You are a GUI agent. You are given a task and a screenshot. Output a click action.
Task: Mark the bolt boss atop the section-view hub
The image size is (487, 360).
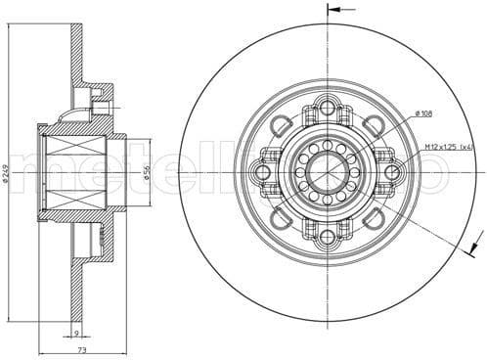[x=102, y=102]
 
